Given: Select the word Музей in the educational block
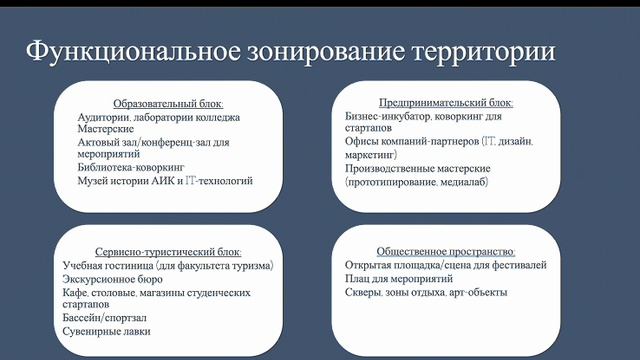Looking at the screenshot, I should click(x=94, y=182).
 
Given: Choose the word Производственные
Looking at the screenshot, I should click(x=391, y=169).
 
